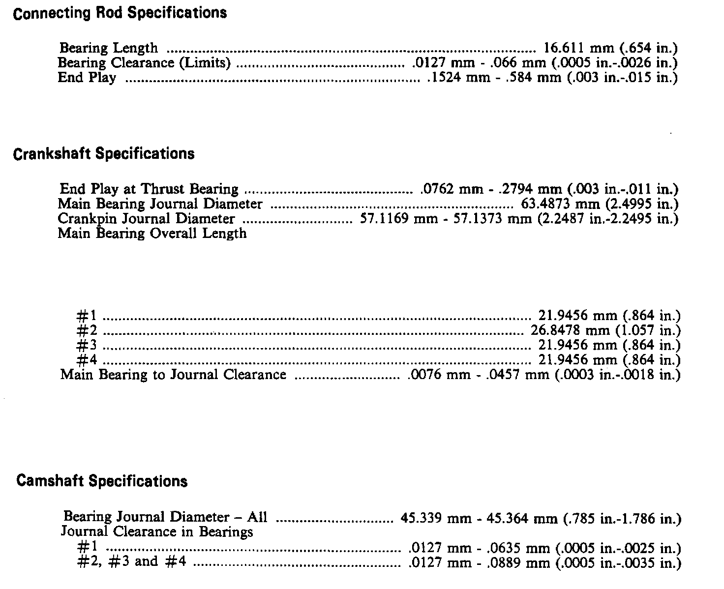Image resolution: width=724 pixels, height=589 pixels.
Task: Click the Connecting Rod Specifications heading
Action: (120, 13)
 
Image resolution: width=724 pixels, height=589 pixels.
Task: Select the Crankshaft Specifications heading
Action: (103, 154)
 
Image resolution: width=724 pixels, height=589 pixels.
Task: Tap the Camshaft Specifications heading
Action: (102, 481)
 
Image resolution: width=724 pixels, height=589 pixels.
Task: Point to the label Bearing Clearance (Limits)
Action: (144, 63)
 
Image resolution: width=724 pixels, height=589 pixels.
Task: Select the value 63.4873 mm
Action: (556, 204)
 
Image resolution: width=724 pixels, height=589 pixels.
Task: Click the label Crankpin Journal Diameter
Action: (146, 218)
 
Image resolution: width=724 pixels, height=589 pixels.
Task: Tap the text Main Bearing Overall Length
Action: (152, 233)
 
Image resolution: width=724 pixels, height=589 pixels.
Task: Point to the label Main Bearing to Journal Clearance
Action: (173, 375)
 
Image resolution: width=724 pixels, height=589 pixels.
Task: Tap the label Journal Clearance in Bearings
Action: (157, 532)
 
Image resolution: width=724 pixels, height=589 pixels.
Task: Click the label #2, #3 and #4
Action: (132, 562)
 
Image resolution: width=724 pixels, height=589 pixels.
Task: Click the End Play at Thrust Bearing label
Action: (149, 189)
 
